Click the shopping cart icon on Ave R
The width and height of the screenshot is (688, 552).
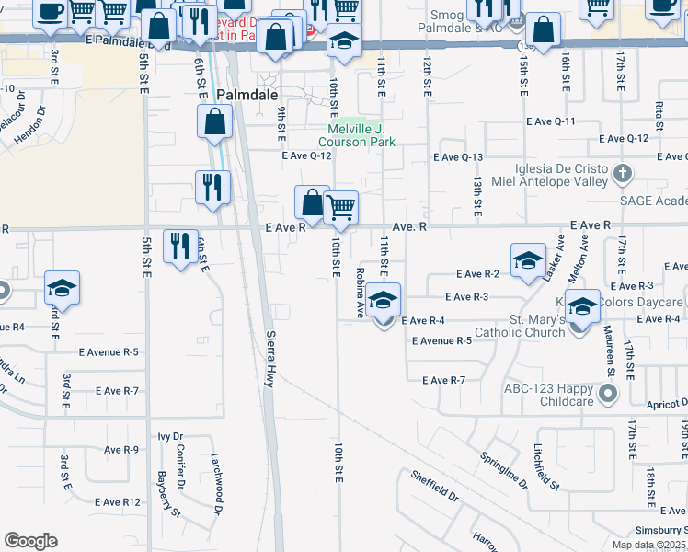point(340,207)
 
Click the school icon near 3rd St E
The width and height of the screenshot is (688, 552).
point(62,287)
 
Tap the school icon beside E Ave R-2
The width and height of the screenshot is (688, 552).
point(528,260)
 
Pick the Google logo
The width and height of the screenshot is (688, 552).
point(30,541)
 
